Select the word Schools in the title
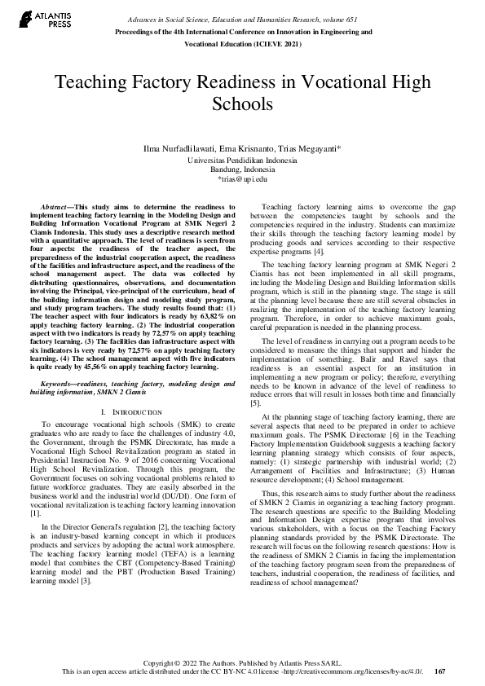(242, 104)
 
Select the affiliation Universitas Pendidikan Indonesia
(242, 161)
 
